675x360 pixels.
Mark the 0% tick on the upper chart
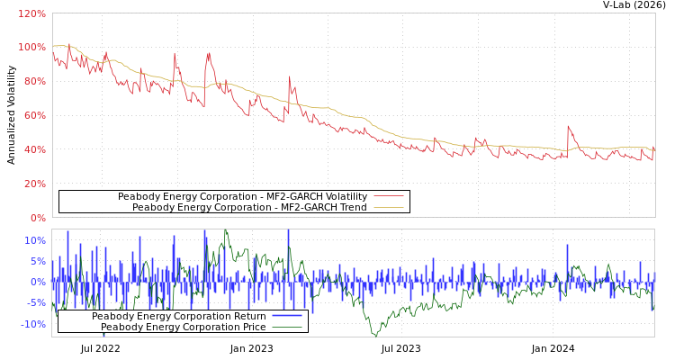(37, 218)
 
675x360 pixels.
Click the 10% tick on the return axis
(34, 240)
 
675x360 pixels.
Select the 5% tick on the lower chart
(37, 261)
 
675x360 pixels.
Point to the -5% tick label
(35, 302)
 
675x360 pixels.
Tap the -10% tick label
(32, 324)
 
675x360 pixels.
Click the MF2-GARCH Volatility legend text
(242, 196)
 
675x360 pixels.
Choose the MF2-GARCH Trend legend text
(249, 207)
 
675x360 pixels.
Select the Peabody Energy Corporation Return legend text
(178, 316)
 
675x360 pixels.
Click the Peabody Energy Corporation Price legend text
(183, 327)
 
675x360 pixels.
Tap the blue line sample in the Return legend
(286, 316)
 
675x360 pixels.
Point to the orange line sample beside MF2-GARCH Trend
(388, 207)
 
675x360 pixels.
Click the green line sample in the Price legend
(286, 327)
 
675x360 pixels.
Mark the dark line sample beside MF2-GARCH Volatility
(388, 196)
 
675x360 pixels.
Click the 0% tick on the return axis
(37, 282)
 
